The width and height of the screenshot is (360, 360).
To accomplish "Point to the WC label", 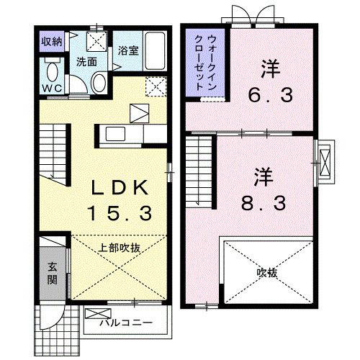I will point(50,88).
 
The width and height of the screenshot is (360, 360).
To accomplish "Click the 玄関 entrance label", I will point(53,271).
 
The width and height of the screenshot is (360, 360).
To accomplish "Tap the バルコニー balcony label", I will point(125,322).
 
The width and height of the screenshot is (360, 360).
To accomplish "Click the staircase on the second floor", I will point(199,167).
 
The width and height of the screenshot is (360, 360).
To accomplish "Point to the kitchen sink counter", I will point(119,134).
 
